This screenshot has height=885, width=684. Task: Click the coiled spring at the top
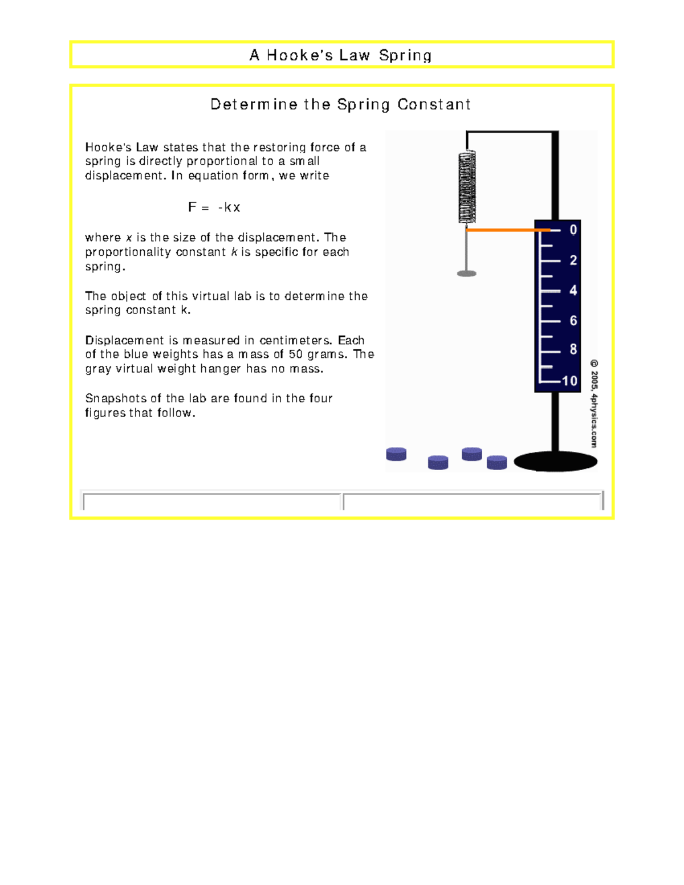pyautogui.click(x=467, y=186)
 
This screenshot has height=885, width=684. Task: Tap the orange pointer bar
pyautogui.click(x=507, y=230)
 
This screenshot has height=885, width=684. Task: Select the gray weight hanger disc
pyautogui.click(x=467, y=274)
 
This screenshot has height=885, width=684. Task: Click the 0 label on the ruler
pyautogui.click(x=573, y=230)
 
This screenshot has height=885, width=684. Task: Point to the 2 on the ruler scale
pyautogui.click(x=573, y=260)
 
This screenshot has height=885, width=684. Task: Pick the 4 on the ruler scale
pyautogui.click(x=573, y=291)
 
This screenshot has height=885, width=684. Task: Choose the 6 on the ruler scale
pyautogui.click(x=573, y=321)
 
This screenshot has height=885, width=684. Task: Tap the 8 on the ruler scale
pyautogui.click(x=573, y=349)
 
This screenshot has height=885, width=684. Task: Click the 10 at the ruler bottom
pyautogui.click(x=569, y=381)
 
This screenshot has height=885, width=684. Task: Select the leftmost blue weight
pyautogui.click(x=396, y=454)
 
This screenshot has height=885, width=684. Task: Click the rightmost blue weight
pyautogui.click(x=497, y=462)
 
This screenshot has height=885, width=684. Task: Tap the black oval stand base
pyautogui.click(x=555, y=462)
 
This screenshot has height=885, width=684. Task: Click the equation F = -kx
pyautogui.click(x=214, y=207)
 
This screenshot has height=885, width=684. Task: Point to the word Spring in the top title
pyautogui.click(x=405, y=55)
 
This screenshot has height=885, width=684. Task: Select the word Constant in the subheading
pyautogui.click(x=434, y=104)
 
